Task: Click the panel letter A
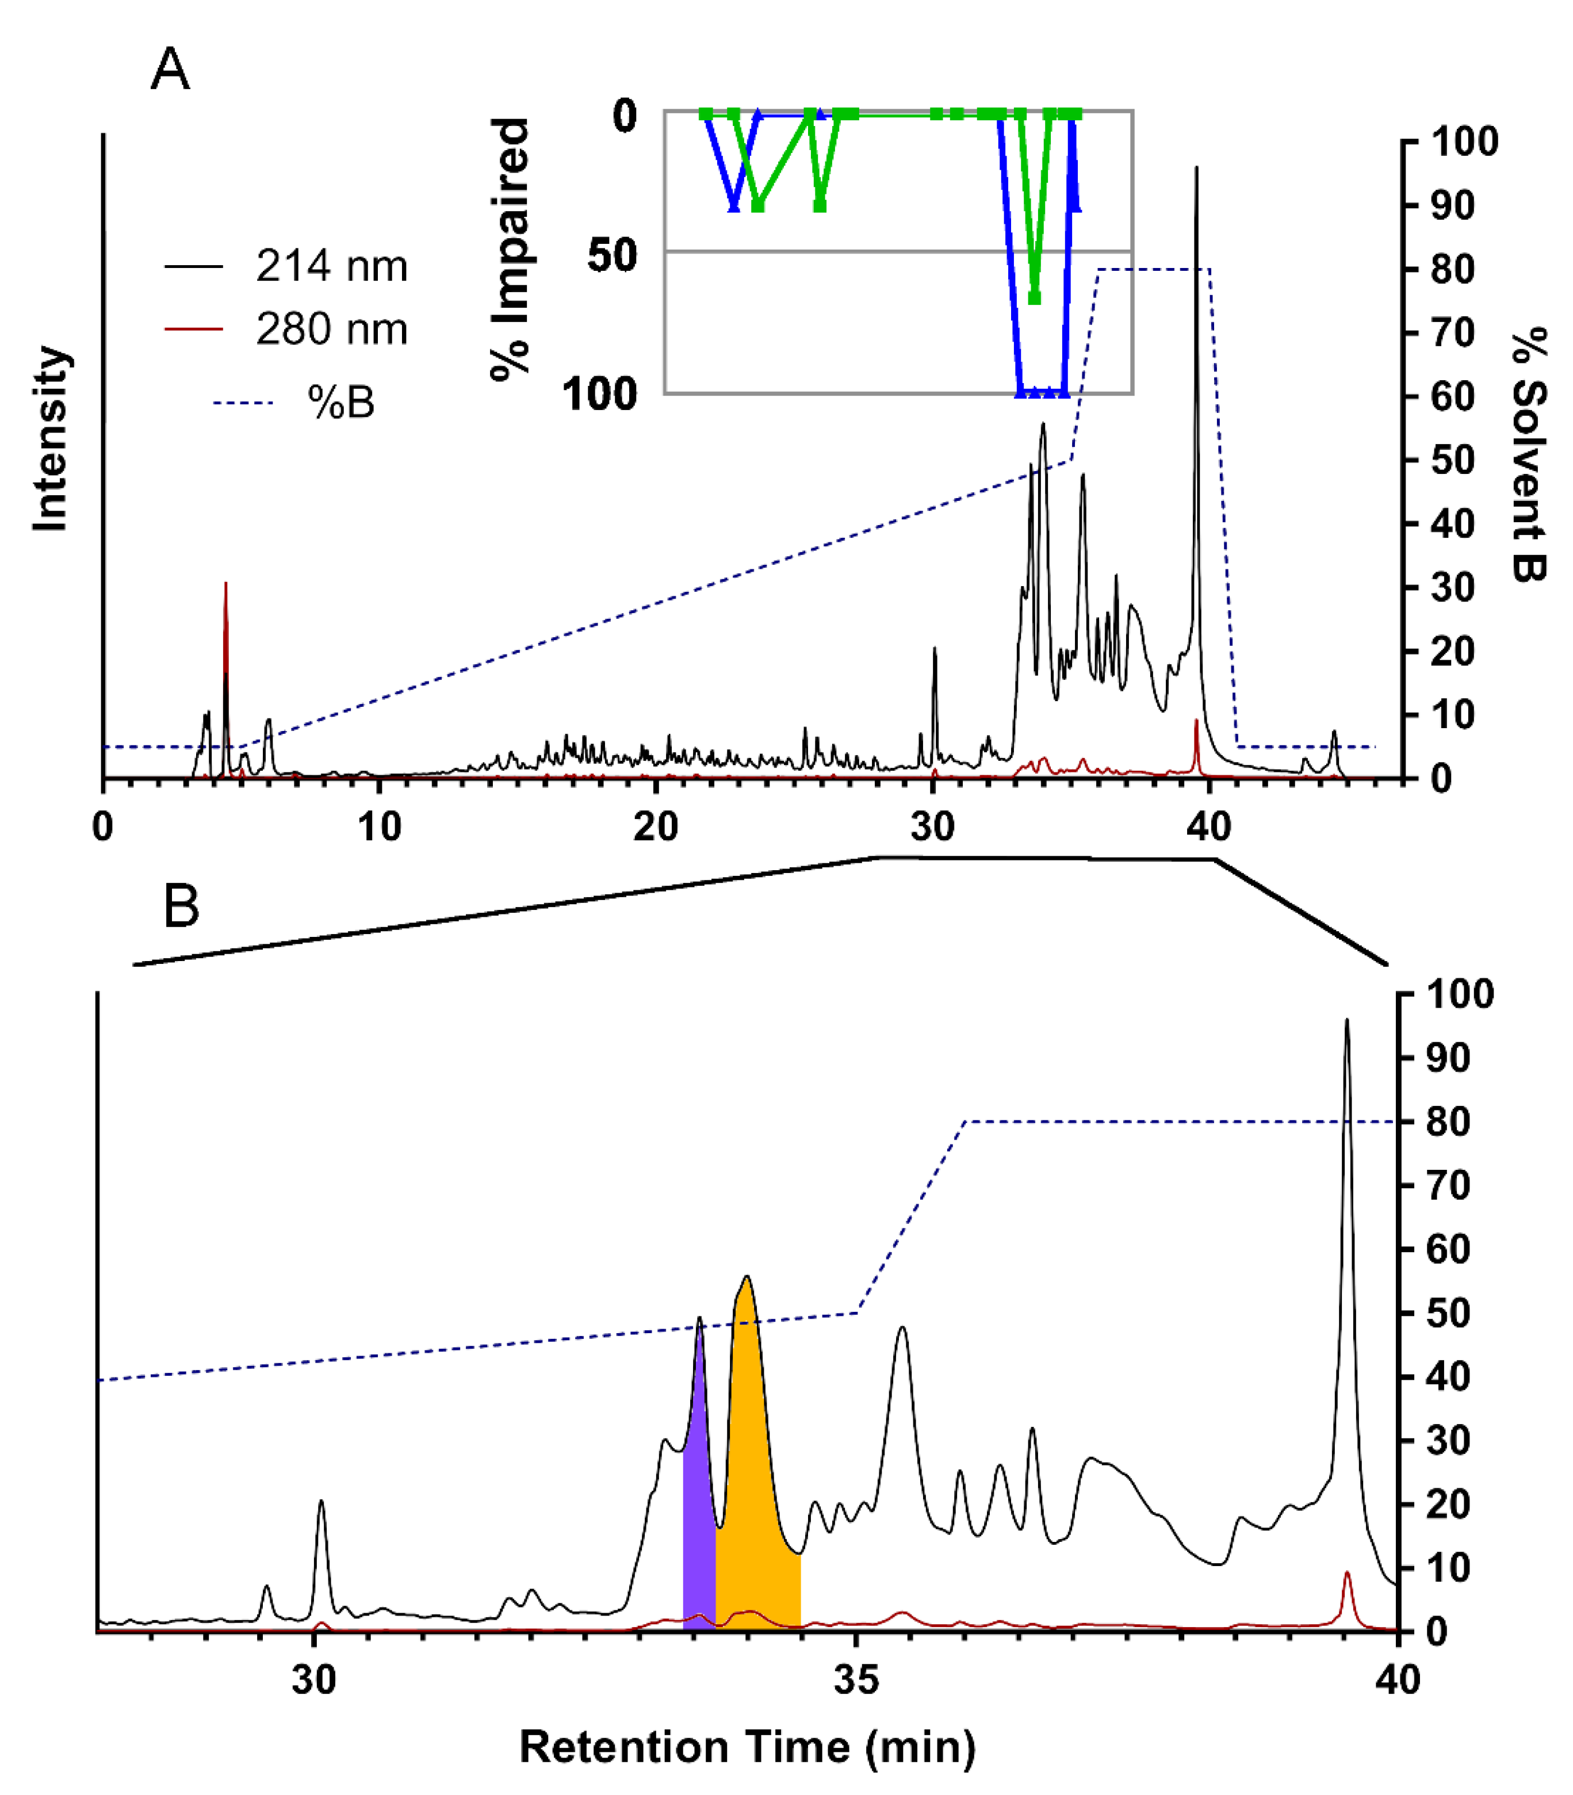[170, 70]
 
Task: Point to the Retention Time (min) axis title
[747, 1747]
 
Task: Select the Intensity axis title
[51, 439]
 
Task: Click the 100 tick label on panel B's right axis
[1460, 994]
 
